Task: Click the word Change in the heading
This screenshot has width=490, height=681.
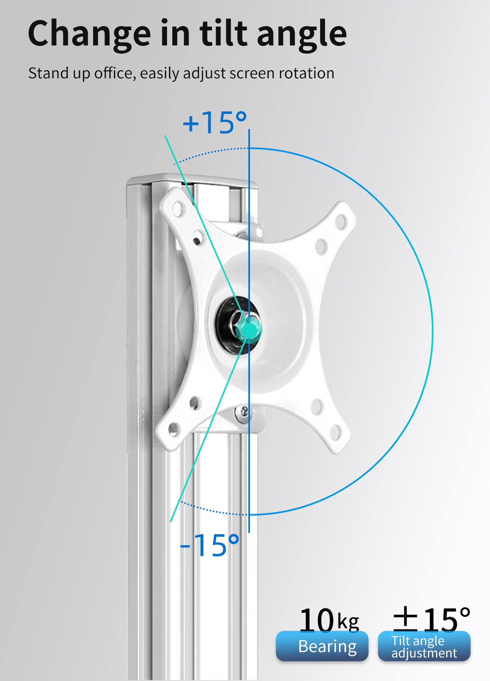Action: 89,34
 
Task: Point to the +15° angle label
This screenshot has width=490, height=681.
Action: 215,122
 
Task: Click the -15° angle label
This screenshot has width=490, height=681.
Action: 209,545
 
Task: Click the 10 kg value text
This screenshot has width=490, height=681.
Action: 329,620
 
